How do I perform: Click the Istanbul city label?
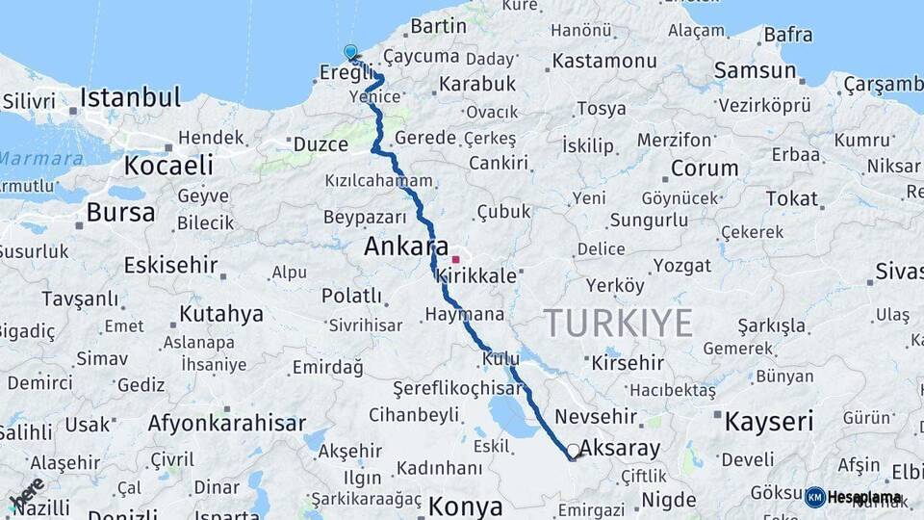click(130, 97)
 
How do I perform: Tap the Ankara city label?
click(406, 247)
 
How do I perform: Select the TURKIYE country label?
click(618, 323)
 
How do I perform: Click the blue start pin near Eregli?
click(350, 53)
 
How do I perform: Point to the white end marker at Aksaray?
click(574, 451)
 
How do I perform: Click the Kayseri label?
click(769, 421)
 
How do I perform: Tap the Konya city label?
click(466, 506)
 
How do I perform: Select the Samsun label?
click(756, 70)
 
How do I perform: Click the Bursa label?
click(120, 212)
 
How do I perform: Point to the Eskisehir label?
click(171, 265)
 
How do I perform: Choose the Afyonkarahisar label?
click(227, 423)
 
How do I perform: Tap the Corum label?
click(705, 169)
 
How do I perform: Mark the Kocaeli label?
click(168, 165)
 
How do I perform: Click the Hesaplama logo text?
click(864, 498)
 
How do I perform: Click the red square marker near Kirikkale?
click(455, 259)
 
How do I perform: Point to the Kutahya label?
click(220, 314)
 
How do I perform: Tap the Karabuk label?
click(477, 84)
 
